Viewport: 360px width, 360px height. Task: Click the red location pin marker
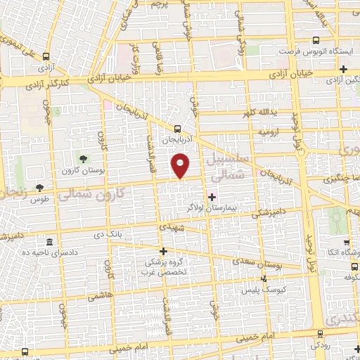pyautogui.click(x=181, y=165)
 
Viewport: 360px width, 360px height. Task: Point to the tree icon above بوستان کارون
pyautogui.click(x=84, y=158)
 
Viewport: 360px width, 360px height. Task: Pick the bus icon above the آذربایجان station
pyautogui.click(x=177, y=129)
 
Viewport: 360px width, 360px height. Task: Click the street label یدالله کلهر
pyautogui.click(x=272, y=114)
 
